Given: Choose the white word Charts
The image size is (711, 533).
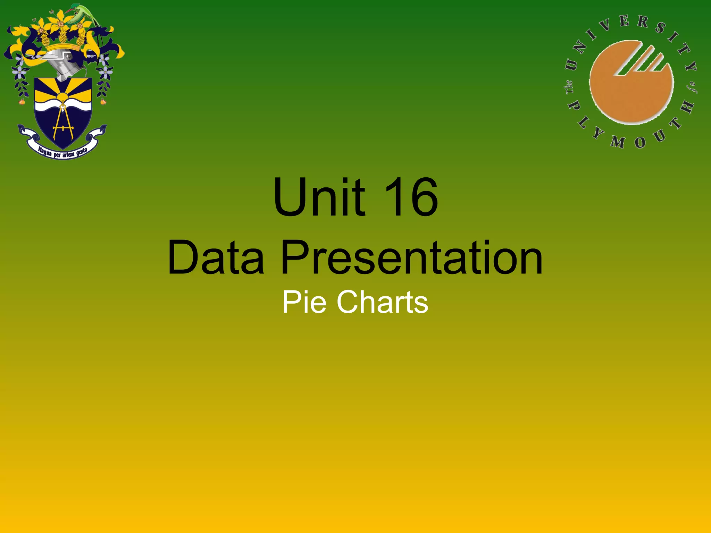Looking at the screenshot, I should (382, 302).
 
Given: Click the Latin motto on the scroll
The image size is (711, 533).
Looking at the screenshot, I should (62, 153).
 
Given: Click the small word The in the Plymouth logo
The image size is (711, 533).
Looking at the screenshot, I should (569, 87).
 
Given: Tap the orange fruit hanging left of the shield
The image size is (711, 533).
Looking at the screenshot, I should (22, 102).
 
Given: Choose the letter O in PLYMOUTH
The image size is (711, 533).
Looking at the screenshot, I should (640, 142).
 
